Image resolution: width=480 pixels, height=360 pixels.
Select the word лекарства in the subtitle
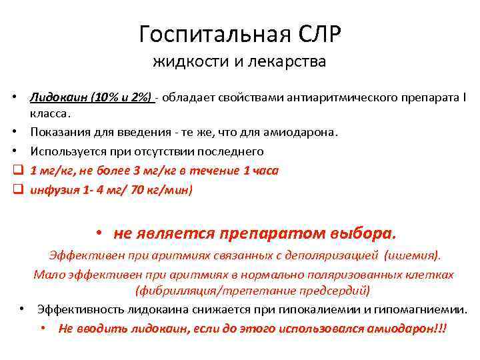[x=288, y=63]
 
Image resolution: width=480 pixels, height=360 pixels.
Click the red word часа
[x=265, y=171]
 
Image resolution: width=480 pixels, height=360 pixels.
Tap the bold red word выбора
[x=363, y=234]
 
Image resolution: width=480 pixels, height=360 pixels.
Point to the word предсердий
[x=337, y=291]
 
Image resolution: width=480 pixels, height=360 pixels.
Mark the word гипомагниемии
[x=421, y=310]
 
